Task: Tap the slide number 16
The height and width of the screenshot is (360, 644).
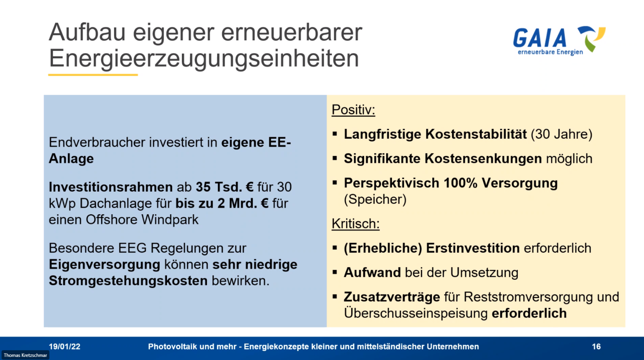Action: (x=596, y=347)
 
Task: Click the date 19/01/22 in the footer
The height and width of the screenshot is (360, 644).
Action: (x=64, y=347)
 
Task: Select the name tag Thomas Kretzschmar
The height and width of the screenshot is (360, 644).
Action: (x=25, y=355)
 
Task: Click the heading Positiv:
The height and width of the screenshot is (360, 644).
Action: (x=353, y=110)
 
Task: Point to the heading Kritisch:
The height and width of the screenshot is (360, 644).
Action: (x=355, y=224)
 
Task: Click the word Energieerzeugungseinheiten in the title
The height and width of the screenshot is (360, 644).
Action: (x=204, y=58)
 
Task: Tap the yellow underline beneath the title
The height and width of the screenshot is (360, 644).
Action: (x=93, y=75)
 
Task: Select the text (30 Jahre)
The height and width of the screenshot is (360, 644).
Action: (x=562, y=134)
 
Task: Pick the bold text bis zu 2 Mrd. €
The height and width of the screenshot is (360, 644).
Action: (x=222, y=203)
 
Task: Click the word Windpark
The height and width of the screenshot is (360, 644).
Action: (x=170, y=220)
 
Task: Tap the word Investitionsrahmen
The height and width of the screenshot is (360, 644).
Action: (x=111, y=187)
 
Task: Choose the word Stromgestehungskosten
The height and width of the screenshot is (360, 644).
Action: (x=128, y=281)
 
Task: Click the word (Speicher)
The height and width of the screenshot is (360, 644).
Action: (x=375, y=199)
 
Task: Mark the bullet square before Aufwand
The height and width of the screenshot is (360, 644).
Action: (x=335, y=273)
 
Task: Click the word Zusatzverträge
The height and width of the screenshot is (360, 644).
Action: (x=392, y=297)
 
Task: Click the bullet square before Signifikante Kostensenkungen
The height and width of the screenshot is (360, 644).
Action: (x=335, y=159)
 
